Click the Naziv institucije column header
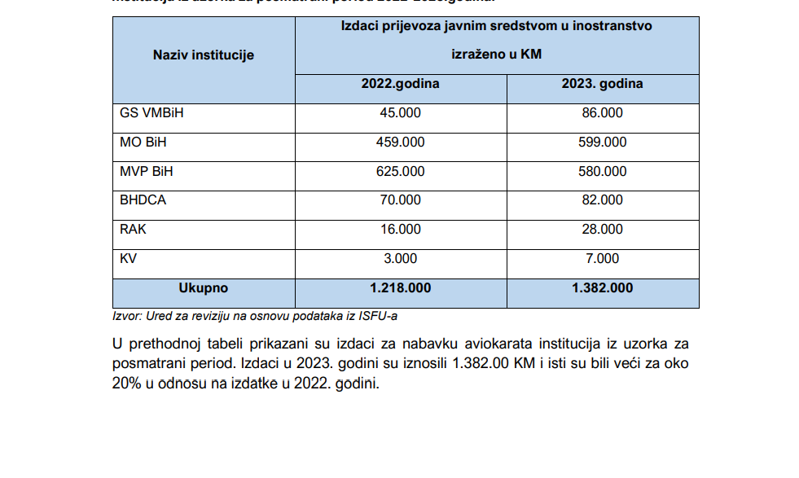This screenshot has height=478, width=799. pyautogui.click(x=204, y=55)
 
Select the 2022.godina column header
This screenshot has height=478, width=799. pyautogui.click(x=401, y=84)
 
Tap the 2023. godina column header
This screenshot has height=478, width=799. pyautogui.click(x=602, y=84)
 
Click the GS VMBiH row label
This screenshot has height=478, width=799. pyautogui.click(x=151, y=113)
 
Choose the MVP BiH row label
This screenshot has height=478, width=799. pyautogui.click(x=147, y=172)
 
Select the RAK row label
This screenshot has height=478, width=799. pyautogui.click(x=133, y=230)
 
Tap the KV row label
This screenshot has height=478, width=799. pyautogui.click(x=129, y=259)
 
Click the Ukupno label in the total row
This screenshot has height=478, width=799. pyautogui.click(x=204, y=288)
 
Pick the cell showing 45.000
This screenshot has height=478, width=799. pyautogui.click(x=401, y=113)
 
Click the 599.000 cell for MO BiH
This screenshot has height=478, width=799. pyautogui.click(x=604, y=143)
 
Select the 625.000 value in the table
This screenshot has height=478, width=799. pyautogui.click(x=401, y=172)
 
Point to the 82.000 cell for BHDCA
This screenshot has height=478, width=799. pyautogui.click(x=603, y=200)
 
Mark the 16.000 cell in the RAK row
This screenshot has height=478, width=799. pyautogui.click(x=401, y=230)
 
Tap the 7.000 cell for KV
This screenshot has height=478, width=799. pyautogui.click(x=603, y=259)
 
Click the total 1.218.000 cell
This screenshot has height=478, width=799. pyautogui.click(x=401, y=288)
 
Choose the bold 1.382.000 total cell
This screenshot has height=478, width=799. pyautogui.click(x=603, y=288)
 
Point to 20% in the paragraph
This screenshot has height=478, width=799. pyautogui.click(x=129, y=384)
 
